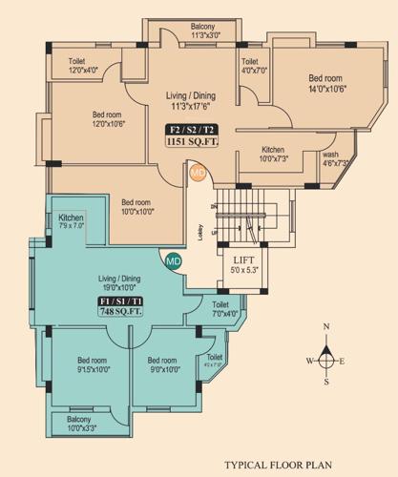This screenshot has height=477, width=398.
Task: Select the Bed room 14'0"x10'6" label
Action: pos(327,84)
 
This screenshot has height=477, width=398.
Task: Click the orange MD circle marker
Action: pos(198,174)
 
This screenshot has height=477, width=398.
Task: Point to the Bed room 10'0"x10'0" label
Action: pos(136,207)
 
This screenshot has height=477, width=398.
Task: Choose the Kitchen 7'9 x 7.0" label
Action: pos(72,223)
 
